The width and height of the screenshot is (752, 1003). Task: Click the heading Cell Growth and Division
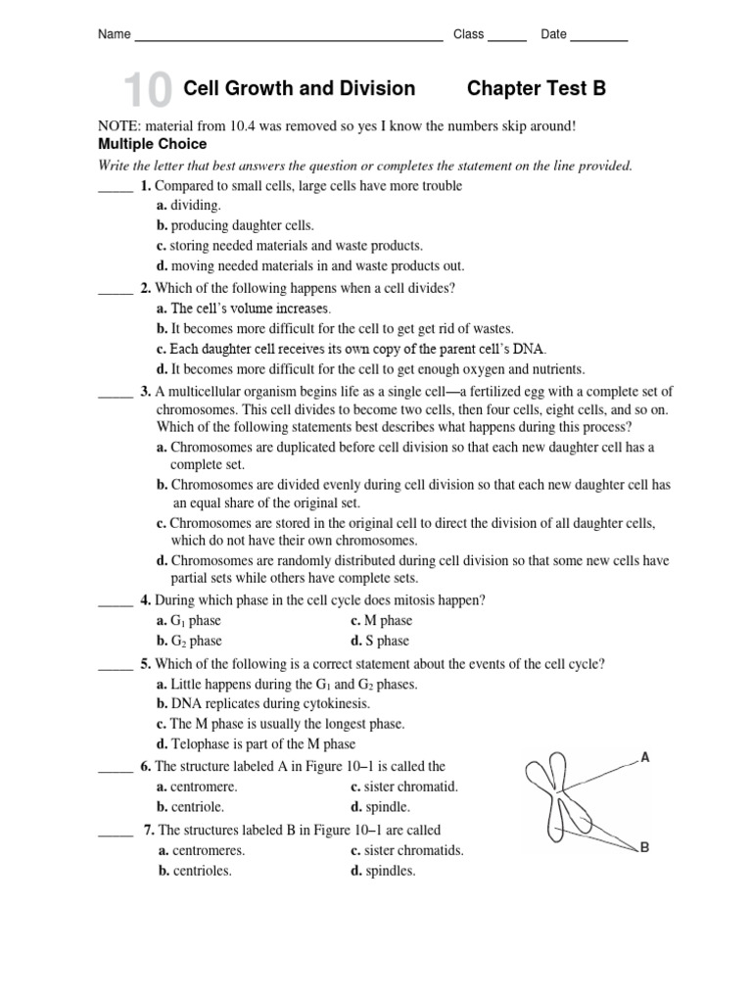(x=300, y=89)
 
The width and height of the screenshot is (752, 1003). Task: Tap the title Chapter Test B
(x=537, y=89)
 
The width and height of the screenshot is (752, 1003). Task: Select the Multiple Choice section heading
(x=151, y=144)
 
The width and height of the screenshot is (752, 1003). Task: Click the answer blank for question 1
(x=115, y=188)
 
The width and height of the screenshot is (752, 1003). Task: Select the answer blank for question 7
(x=115, y=833)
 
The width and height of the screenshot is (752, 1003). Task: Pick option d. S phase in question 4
(x=380, y=642)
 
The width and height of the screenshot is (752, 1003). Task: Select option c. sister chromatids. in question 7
(x=407, y=851)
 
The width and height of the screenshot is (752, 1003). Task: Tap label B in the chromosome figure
(x=644, y=847)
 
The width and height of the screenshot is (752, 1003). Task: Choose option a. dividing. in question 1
(x=189, y=206)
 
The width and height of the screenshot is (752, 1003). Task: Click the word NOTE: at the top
(x=119, y=126)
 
